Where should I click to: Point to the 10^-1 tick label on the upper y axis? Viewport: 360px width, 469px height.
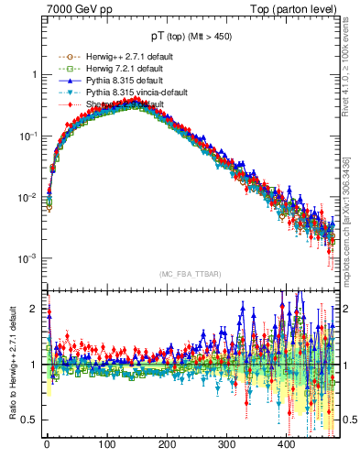[30, 136]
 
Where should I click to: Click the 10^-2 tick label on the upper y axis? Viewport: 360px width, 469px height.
[30, 197]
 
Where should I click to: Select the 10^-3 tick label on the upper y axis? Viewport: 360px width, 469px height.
[30, 258]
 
